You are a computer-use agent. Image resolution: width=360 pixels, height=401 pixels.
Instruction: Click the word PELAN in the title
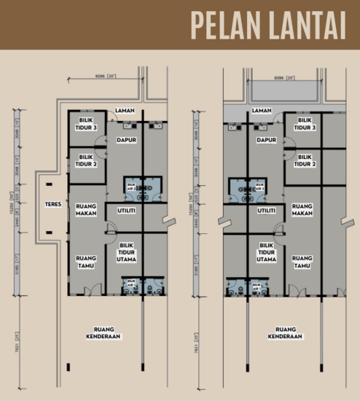227,25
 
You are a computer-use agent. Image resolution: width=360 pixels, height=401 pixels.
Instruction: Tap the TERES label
52,205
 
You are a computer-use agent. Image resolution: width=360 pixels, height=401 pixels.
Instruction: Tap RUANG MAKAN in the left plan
87,210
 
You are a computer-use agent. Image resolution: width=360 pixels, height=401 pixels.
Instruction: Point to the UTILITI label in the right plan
267,210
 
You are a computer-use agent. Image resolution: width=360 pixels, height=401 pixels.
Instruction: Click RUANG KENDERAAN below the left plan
103,334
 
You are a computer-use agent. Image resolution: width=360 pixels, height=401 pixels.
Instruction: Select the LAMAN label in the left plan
125,111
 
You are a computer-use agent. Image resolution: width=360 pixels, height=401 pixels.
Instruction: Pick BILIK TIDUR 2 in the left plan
87,160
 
